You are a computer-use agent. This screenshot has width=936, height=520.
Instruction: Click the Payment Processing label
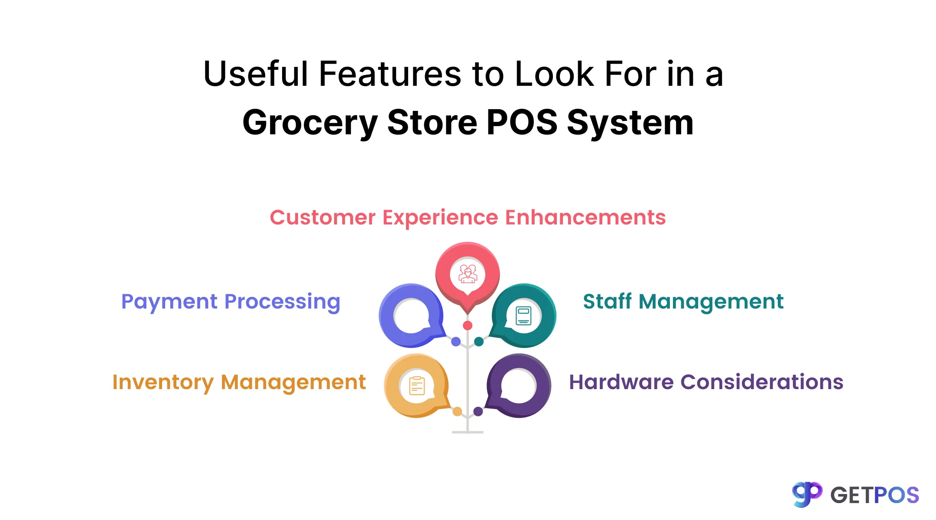coord(231,302)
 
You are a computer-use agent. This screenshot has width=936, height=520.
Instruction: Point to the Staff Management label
coord(683,302)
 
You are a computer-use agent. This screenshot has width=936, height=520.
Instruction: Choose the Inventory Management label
coord(239,382)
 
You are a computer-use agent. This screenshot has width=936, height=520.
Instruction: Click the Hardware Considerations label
coord(706,382)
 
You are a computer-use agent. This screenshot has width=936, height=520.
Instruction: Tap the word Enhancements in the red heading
coord(585,218)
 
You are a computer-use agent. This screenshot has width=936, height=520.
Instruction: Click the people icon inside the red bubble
coord(468,274)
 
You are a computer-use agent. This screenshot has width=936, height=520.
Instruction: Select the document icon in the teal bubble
coord(523,316)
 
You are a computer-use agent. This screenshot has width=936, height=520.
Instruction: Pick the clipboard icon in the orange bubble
coord(417,386)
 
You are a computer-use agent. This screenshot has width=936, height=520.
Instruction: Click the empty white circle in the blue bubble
coord(411,316)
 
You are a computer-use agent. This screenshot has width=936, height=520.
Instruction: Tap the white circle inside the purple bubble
coord(519,386)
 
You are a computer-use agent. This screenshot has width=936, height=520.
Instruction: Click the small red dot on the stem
coord(468,325)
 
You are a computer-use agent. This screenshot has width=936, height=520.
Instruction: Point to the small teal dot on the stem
coord(479,341)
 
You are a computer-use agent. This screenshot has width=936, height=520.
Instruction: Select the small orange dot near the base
coord(457,412)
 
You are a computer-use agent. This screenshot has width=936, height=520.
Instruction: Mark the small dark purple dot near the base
coord(478,411)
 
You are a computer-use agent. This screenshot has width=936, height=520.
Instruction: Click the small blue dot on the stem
coord(456,341)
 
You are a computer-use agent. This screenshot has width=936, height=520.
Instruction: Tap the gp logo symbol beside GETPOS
coord(807,494)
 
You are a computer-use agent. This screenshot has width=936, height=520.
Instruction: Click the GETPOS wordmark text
coord(874,495)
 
